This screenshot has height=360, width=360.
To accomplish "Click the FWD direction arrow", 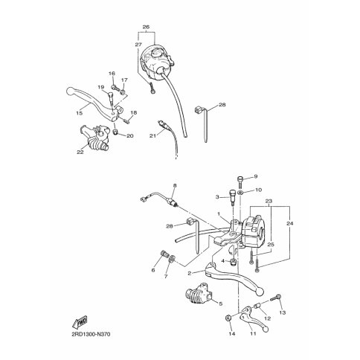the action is pos(80,321).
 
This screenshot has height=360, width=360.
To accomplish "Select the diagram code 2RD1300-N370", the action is pos(91,335).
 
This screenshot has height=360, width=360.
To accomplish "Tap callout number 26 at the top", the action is pos(147,27).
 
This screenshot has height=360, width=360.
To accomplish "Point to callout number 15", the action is pos(80,113).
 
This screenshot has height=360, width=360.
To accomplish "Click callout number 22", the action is pos(80,152).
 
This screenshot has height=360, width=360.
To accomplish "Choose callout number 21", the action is pos(152,135).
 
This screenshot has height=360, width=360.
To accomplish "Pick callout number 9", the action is pos(256,176).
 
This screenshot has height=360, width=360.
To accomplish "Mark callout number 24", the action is pos(290,223).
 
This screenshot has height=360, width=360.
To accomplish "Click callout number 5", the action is pos(221,303).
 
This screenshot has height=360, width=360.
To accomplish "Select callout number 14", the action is pos(231,334).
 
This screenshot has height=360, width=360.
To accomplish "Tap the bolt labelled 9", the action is pos(241,182).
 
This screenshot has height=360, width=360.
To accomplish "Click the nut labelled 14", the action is pos(228,318).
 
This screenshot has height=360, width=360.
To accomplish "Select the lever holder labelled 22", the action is pos(94,138).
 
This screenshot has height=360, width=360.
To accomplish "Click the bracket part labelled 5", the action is pos(199,294).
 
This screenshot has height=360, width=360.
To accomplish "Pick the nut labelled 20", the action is pos(115,132).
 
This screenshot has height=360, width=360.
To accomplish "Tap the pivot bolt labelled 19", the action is pos(111,98).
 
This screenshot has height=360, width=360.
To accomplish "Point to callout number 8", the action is pos(175,185).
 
